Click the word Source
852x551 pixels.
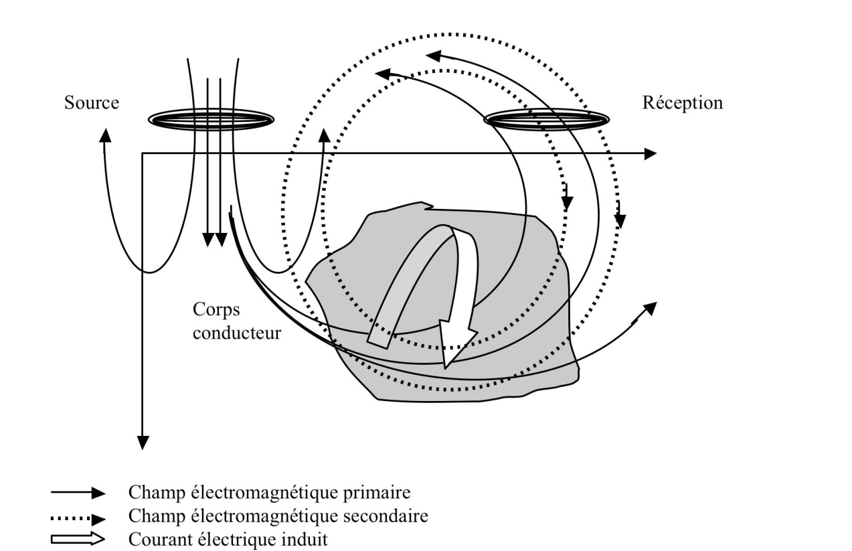92,104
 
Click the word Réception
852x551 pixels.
682,104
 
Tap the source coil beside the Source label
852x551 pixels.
210,119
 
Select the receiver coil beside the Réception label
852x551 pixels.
546,119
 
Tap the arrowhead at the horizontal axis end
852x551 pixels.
649,154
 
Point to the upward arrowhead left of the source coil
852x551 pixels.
104,133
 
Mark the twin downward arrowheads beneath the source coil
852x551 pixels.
214,240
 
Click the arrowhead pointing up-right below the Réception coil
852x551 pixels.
649,307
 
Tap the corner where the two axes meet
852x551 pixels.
143,154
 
